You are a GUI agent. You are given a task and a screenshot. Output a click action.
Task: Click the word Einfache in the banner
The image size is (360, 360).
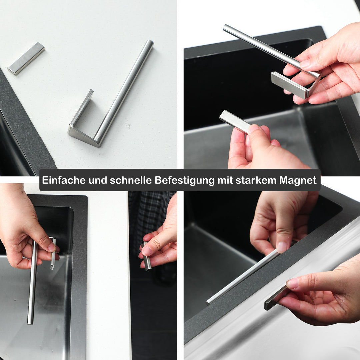tap(63, 180)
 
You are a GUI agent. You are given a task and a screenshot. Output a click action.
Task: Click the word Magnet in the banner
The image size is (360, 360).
tap(298, 180)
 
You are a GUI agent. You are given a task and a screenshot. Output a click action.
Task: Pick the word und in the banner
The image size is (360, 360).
tap(98, 180)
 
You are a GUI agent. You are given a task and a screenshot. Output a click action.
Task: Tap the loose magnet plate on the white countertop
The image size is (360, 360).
tap(26, 58)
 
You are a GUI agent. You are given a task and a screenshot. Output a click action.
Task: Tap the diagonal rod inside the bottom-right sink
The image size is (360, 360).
tap(240, 278)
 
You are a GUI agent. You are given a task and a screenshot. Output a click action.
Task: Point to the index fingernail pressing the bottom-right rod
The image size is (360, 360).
tap(282, 246)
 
